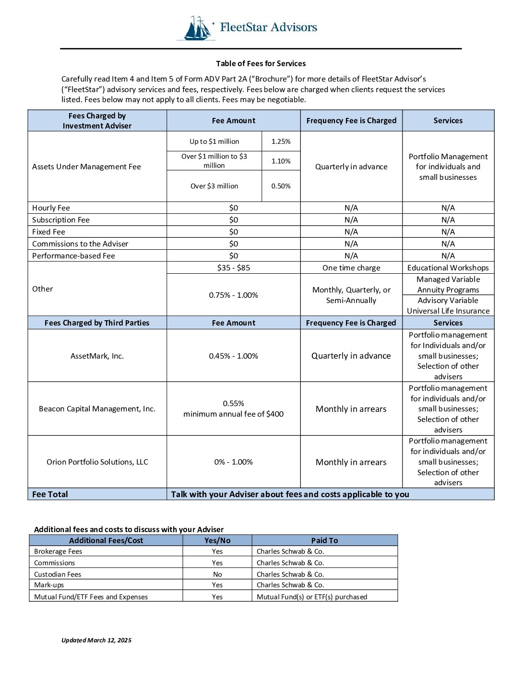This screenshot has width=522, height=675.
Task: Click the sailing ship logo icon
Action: pos(197,28)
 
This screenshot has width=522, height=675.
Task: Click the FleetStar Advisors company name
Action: pos(268,27)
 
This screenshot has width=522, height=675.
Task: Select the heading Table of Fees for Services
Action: pos(261,63)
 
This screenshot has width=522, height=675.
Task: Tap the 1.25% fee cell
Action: pos(281,141)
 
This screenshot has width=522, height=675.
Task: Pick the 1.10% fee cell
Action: pos(281,161)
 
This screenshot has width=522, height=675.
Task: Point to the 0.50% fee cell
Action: pos(281,186)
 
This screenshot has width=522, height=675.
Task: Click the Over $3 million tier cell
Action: pos(214,186)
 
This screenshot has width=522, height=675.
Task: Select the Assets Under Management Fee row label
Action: pos(86,167)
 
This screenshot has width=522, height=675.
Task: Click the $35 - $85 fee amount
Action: pos(233,268)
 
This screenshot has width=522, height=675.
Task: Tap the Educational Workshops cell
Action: pos(448,268)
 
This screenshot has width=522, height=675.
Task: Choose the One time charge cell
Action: pos(351,268)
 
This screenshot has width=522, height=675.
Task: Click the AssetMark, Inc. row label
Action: pos(97,356)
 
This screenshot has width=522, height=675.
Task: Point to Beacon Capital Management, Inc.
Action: pos(97,409)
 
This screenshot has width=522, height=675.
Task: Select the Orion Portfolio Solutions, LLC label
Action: pos(97,462)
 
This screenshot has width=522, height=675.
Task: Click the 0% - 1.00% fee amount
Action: pos(233,462)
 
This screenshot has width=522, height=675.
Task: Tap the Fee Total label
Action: pos(50,494)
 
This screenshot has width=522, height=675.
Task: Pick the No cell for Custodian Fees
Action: pos(217,574)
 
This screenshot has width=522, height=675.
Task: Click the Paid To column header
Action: pos(324,540)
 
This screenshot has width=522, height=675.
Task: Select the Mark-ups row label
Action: pos(49,585)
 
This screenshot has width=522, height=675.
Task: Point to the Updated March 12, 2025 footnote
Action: pos(96,640)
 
